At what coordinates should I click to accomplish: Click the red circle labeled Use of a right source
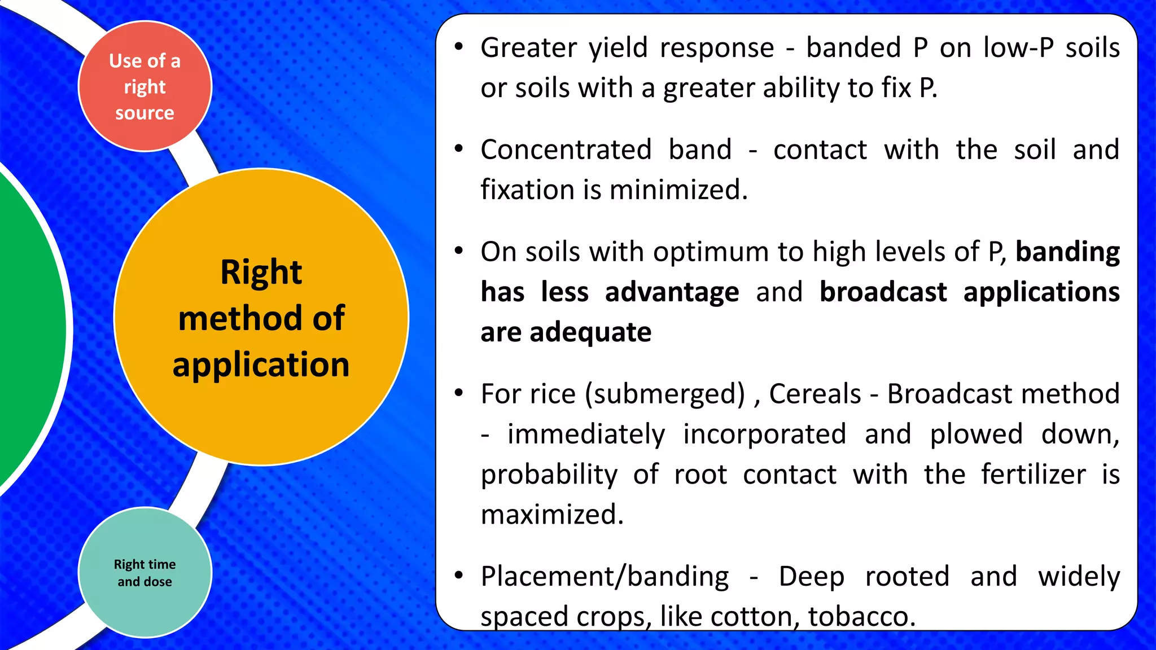point(144,86)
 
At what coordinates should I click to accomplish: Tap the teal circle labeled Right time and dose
point(144,572)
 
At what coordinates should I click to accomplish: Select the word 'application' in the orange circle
point(261,364)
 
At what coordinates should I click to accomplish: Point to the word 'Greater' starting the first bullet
point(528,48)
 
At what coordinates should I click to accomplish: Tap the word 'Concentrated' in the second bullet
point(566,150)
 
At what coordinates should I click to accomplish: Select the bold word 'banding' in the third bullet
point(1067,252)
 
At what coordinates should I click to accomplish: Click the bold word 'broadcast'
point(883,292)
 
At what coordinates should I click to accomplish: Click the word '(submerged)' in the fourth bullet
point(665,394)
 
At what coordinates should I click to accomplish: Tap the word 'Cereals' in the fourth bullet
point(815,394)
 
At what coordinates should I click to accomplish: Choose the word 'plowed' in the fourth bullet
point(976,434)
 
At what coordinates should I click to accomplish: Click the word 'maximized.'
point(552,515)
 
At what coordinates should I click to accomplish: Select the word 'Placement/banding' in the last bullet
point(605,577)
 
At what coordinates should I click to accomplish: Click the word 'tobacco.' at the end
point(861,616)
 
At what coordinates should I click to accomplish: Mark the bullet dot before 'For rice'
point(459,393)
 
